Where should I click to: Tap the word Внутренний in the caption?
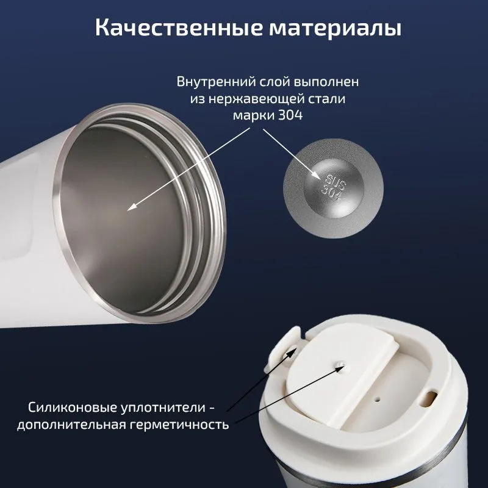215,82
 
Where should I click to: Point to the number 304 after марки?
290,115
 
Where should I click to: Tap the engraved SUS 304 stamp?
333,188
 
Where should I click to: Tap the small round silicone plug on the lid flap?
340,364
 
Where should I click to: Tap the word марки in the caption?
253,115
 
